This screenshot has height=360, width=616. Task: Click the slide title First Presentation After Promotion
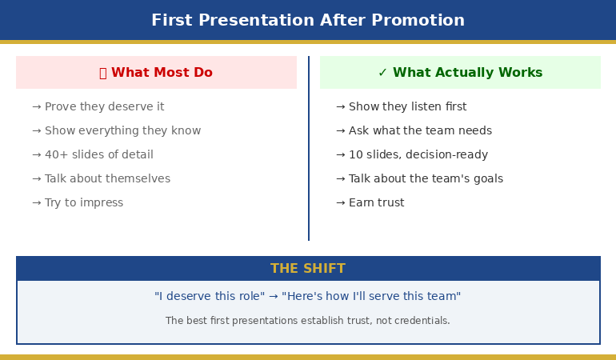pos(308,21)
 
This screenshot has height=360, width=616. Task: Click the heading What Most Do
pos(161,73)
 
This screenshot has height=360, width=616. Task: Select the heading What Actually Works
pos(467,73)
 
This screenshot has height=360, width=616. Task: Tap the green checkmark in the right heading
pos(382,73)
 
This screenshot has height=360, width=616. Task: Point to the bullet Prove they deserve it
pos(104,107)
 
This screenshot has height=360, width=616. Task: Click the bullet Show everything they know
pos(122,131)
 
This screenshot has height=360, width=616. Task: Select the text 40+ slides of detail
pos(98,155)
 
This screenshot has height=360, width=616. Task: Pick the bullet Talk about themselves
pos(107,179)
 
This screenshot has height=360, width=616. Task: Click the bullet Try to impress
pos(84,203)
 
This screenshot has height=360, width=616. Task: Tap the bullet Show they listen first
pos(407,107)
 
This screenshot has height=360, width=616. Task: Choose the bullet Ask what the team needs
pos(420,131)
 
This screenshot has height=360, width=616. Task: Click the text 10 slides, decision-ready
pos(418,155)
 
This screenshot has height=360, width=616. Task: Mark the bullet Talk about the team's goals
pos(426,179)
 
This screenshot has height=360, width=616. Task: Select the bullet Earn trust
pos(376,203)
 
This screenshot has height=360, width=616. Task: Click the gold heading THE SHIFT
pos(308,269)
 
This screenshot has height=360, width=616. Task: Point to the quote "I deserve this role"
pos(209,297)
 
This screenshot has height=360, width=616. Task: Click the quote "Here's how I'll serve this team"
pos(371,297)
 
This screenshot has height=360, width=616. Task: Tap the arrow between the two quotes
pos(273,297)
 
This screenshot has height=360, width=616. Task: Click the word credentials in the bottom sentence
pos(422,321)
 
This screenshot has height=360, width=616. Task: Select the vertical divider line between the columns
pos(309,148)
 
